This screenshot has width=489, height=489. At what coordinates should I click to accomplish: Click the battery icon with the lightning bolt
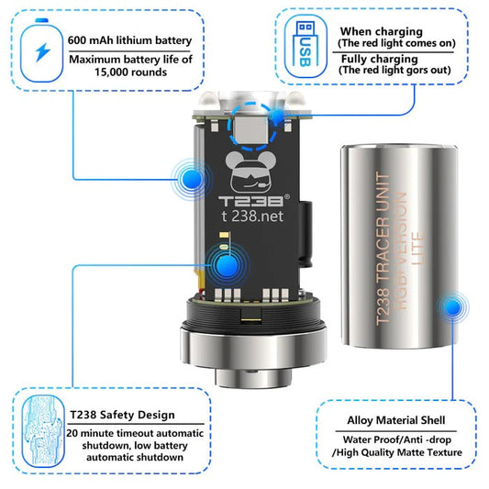click(x=41, y=50)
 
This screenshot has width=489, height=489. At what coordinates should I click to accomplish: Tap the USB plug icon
click(x=306, y=44)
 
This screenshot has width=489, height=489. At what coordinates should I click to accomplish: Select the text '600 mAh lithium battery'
click(x=129, y=40)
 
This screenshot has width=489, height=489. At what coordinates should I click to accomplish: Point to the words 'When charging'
click(x=382, y=31)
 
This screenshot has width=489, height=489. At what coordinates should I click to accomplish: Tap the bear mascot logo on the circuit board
click(x=251, y=172)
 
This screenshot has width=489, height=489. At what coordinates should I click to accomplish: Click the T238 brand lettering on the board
click(x=251, y=201)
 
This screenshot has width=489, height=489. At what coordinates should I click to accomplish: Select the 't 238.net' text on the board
click(x=252, y=216)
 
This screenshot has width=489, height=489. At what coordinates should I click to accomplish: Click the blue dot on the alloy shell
click(x=452, y=306)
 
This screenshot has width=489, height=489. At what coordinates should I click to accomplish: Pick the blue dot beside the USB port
click(x=278, y=116)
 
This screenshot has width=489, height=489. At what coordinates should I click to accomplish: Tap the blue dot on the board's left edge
click(x=192, y=179)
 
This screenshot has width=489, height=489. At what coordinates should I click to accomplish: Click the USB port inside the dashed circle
click(x=250, y=130)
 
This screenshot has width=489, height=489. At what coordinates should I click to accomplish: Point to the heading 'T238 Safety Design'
click(x=122, y=415)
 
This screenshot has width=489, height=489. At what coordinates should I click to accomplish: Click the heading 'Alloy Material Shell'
click(x=396, y=420)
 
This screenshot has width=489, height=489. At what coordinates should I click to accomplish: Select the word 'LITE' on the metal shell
click(x=417, y=249)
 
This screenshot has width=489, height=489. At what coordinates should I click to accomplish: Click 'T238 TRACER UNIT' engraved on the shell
click(x=383, y=249)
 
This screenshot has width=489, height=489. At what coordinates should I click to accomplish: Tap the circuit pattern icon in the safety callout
click(x=43, y=431)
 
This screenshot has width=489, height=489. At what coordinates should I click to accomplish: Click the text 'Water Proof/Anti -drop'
click(x=397, y=439)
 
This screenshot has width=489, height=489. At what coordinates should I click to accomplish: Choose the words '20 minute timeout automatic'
click(x=135, y=433)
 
